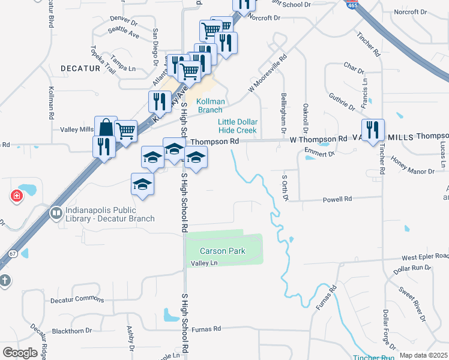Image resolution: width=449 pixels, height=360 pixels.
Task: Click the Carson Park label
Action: [x=223, y=251]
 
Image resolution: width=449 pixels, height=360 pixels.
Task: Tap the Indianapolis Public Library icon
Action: [x=56, y=213]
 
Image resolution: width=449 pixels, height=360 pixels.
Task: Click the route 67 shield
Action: [x=13, y=254]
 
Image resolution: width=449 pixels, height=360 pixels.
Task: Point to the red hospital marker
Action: [x=17, y=196]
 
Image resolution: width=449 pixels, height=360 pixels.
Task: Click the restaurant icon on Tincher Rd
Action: [x=373, y=130]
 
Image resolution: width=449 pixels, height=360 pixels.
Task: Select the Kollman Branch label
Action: [x=210, y=106]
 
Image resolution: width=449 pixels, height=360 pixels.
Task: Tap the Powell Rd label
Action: [x=337, y=199]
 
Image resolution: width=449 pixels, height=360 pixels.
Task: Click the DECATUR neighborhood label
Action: [x=80, y=69]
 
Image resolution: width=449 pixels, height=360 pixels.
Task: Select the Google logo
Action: [x=20, y=353]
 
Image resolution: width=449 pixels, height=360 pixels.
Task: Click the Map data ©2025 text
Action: [x=423, y=355]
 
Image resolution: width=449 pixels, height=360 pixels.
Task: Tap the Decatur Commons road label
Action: [x=77, y=300]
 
